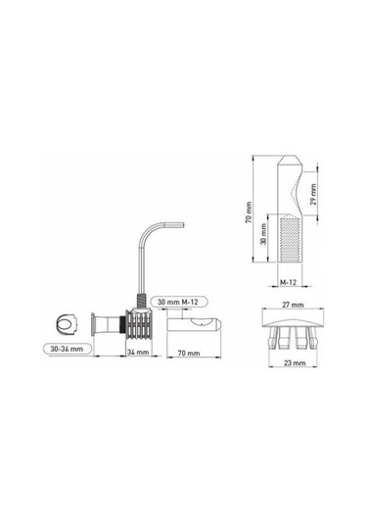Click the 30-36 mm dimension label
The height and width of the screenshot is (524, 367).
pyautogui.click(x=67, y=349)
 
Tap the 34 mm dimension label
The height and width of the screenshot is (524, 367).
pyautogui.click(x=138, y=352)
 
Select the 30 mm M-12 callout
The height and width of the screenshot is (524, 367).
pyautogui.click(x=178, y=302)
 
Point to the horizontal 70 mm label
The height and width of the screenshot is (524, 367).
pyautogui.click(x=189, y=353)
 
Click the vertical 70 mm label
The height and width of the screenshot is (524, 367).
pyautogui.click(x=249, y=213)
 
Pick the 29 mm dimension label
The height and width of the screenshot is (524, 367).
pyautogui.click(x=313, y=195)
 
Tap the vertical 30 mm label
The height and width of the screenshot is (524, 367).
pyautogui.click(x=264, y=234)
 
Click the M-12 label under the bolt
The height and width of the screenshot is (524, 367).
pyautogui.click(x=288, y=282)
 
